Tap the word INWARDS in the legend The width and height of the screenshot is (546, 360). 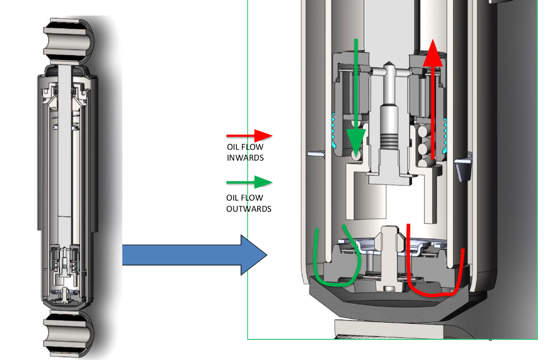245,158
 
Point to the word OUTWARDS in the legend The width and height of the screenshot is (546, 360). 249,209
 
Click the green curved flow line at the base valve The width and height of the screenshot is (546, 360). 334,267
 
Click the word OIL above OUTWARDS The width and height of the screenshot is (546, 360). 234,198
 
